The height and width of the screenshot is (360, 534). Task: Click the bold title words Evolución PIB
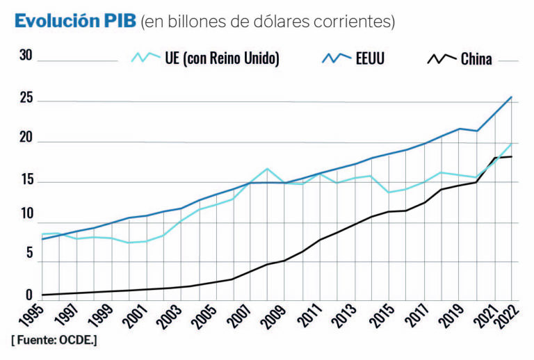(x=74, y=21)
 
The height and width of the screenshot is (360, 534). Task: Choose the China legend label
(x=477, y=59)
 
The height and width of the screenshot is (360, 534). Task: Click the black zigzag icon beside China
(x=442, y=59)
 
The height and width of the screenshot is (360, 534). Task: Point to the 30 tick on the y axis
(x=26, y=56)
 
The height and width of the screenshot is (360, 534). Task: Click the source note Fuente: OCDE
(x=54, y=340)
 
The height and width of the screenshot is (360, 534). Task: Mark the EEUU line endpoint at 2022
(x=512, y=97)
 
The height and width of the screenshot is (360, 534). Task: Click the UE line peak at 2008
(x=267, y=168)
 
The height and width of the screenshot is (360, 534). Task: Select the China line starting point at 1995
(x=42, y=295)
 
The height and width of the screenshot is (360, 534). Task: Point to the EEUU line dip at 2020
(x=476, y=131)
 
